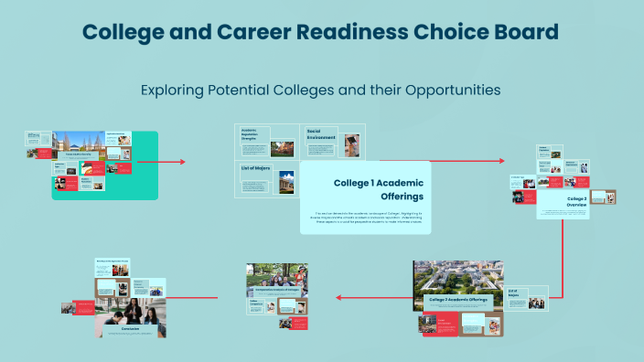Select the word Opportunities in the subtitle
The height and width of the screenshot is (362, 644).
click(x=446, y=90)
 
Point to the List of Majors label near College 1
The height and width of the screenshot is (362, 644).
click(x=255, y=168)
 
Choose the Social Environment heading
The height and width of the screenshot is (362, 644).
click(x=321, y=136)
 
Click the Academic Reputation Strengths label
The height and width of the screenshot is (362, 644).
click(x=252, y=135)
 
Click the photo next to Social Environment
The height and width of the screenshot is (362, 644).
click(x=350, y=144)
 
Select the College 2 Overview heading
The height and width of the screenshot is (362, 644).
click(x=577, y=202)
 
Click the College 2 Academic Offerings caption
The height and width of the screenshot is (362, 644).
click(x=458, y=300)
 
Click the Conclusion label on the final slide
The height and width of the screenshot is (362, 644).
click(x=130, y=325)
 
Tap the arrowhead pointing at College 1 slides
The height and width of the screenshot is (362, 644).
click(x=183, y=162)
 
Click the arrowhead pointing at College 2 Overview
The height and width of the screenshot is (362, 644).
click(x=501, y=161)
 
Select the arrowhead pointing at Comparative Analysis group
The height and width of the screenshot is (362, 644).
click(x=338, y=297)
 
